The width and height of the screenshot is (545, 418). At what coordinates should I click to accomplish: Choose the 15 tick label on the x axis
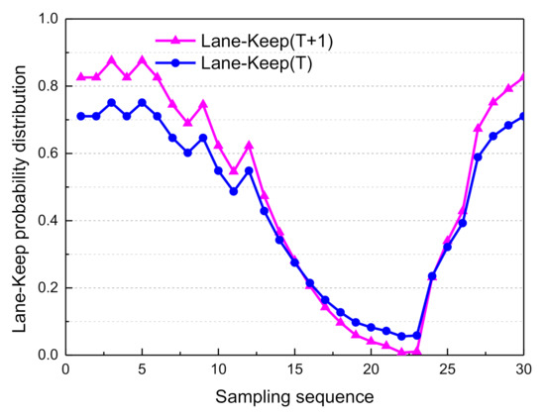pyautogui.click(x=294, y=369)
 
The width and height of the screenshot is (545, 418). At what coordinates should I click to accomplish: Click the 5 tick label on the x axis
pyautogui.click(x=142, y=369)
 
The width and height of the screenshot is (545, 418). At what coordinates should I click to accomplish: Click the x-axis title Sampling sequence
pyautogui.click(x=293, y=396)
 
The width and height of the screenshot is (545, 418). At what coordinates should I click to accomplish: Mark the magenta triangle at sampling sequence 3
pyautogui.click(x=111, y=59)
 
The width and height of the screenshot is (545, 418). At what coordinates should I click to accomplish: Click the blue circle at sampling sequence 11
pyautogui.click(x=233, y=191)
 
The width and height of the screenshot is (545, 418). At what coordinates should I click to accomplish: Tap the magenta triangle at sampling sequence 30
pyautogui.click(x=523, y=76)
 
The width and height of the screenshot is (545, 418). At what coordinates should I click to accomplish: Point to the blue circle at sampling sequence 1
pyautogui.click(x=80, y=116)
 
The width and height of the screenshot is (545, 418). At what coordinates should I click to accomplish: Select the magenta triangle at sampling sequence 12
pyautogui.click(x=249, y=145)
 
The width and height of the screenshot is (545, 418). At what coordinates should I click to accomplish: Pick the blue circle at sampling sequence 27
pyautogui.click(x=478, y=157)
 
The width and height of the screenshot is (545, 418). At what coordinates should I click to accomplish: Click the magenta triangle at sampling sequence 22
pyautogui.click(x=401, y=352)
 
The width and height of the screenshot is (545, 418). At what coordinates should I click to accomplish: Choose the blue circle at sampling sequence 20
pyautogui.click(x=371, y=327)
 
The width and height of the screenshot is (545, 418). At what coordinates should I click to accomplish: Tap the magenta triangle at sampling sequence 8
pyautogui.click(x=187, y=123)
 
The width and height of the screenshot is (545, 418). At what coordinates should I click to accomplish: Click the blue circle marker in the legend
pyautogui.click(x=174, y=61)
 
